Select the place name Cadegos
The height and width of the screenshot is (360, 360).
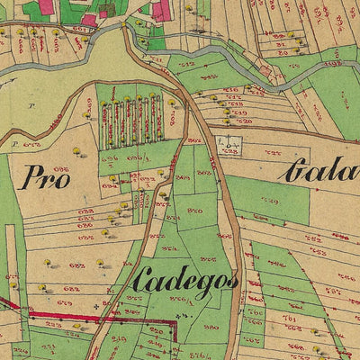[184, 281]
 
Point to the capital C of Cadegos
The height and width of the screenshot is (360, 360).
[140, 281]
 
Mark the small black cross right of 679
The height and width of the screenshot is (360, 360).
[97, 304]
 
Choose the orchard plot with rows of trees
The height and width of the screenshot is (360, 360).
[136, 120]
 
